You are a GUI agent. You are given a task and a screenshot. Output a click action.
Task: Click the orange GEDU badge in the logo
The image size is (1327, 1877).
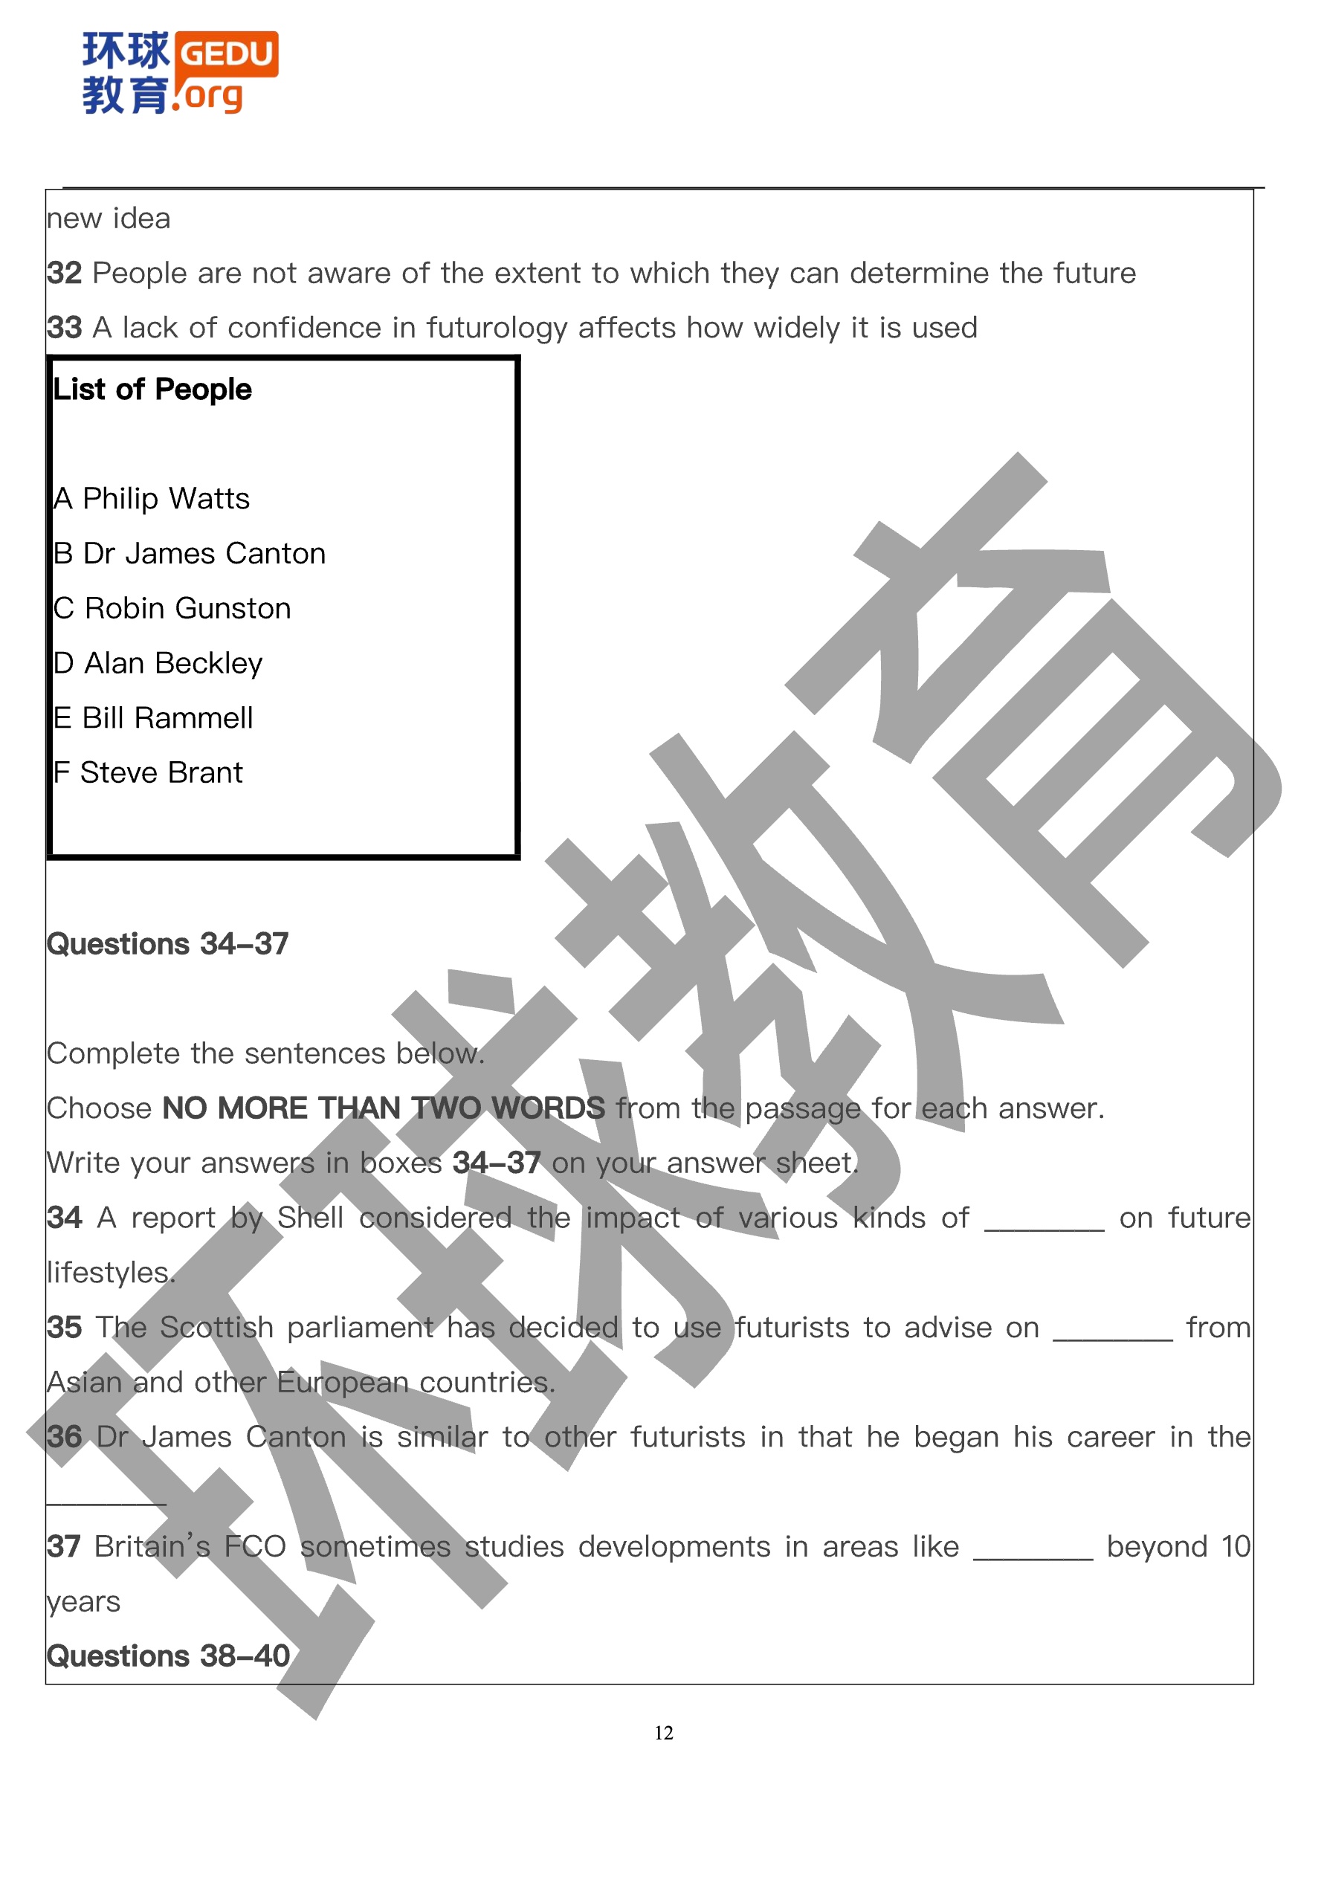[x=227, y=54]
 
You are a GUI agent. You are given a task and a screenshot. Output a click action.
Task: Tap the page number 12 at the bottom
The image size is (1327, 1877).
[x=663, y=1732]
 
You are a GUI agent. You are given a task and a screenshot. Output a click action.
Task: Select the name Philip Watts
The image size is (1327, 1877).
[x=166, y=499]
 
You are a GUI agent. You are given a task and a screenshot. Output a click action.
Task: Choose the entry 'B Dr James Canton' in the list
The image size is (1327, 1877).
[x=189, y=554]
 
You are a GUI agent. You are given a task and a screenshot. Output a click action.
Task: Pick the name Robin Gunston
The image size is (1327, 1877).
[x=187, y=608]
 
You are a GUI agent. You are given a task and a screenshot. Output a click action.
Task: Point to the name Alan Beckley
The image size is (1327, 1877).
[x=173, y=663]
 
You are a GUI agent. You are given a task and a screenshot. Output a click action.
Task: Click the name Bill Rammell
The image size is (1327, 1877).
[x=167, y=718]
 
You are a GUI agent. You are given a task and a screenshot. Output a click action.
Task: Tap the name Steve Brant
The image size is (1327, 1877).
[x=161, y=772]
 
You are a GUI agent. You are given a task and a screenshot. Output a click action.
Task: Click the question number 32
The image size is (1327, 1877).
[x=65, y=273]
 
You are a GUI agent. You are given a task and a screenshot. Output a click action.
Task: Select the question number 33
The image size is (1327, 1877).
[x=65, y=328]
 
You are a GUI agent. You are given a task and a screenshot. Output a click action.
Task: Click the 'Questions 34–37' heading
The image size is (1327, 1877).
[x=167, y=944]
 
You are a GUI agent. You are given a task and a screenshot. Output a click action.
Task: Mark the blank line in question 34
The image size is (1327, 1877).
[x=1043, y=1228]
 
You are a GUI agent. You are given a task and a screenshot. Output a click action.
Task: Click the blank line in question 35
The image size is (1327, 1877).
[x=1112, y=1337]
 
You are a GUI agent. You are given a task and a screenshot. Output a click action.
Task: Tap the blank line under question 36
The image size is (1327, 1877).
[x=106, y=1502]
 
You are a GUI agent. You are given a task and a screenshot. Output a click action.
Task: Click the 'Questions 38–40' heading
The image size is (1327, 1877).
[x=167, y=1656]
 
